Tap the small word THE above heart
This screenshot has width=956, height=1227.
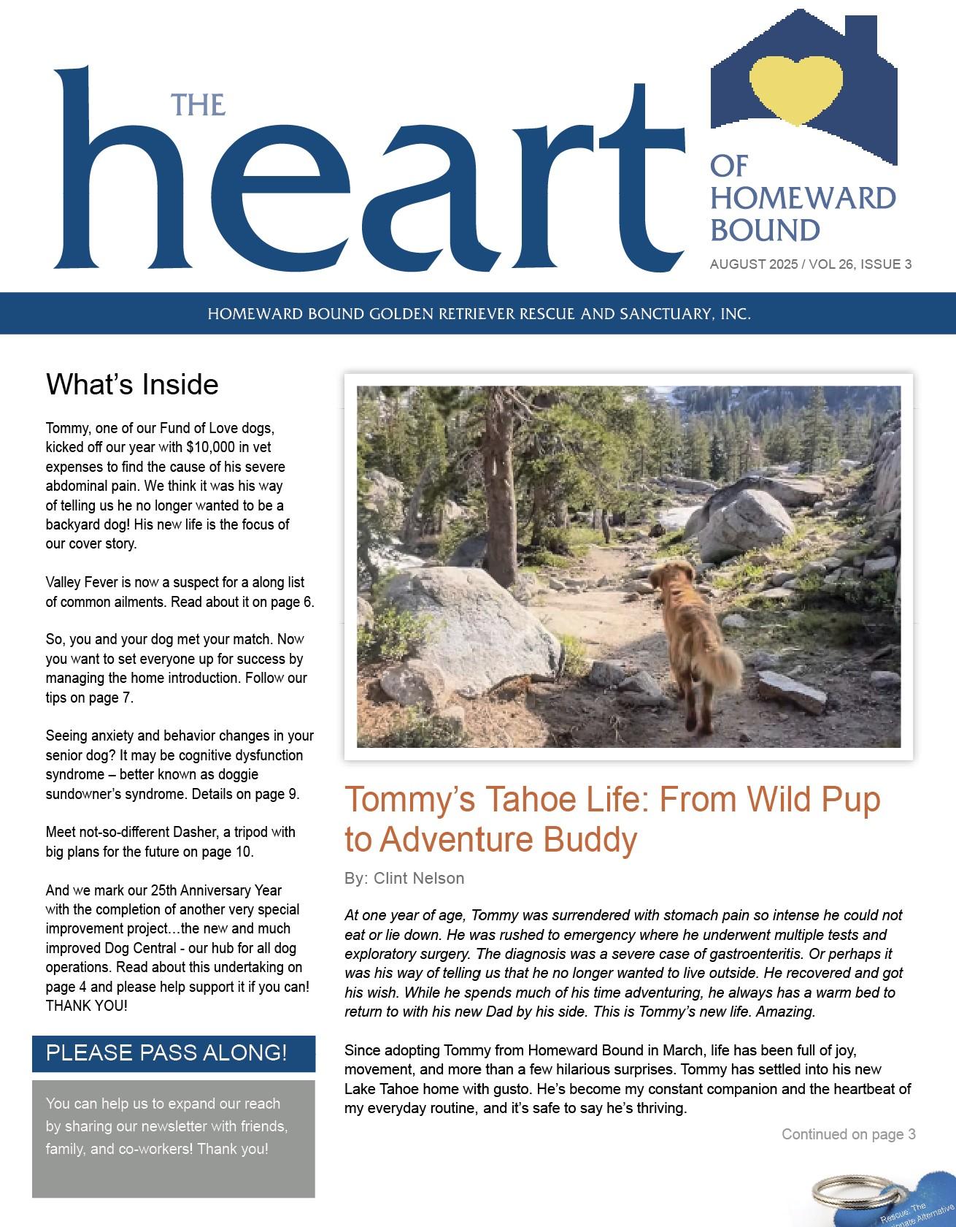(x=198, y=104)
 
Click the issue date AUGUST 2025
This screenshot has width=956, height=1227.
(x=752, y=264)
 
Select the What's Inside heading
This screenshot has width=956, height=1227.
(x=132, y=384)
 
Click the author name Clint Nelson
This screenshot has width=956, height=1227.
(x=419, y=879)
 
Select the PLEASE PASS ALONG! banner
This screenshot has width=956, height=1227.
(x=174, y=1052)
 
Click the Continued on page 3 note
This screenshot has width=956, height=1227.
(x=848, y=1134)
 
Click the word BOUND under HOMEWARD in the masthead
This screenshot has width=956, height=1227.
(x=765, y=230)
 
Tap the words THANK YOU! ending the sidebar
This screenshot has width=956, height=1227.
(x=87, y=1006)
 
